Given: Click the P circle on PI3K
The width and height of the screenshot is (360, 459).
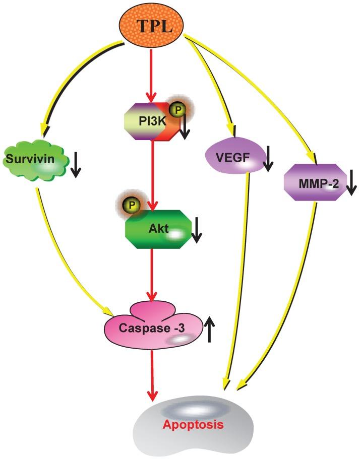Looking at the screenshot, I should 177,110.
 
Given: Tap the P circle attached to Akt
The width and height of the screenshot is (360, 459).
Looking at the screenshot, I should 132,206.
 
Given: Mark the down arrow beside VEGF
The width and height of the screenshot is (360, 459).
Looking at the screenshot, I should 268,158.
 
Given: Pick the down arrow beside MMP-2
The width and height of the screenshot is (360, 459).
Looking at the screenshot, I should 351,182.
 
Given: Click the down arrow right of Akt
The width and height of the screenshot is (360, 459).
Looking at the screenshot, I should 197,230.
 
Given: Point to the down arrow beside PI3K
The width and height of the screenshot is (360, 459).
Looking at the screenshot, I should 185,126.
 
